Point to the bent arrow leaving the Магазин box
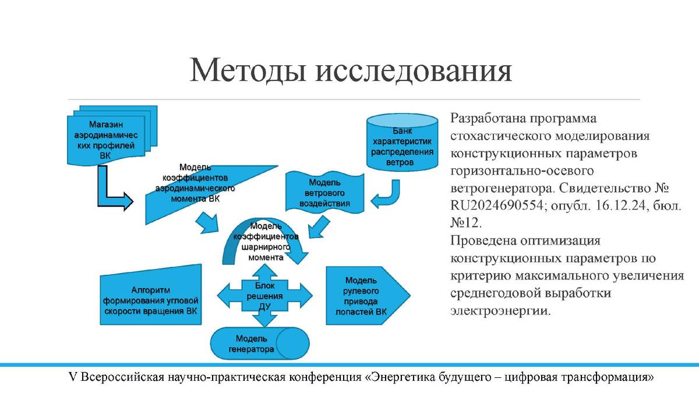[111, 192]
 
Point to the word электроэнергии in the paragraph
[499, 311]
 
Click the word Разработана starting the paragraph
[488, 119]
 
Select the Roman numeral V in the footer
[72, 378]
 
